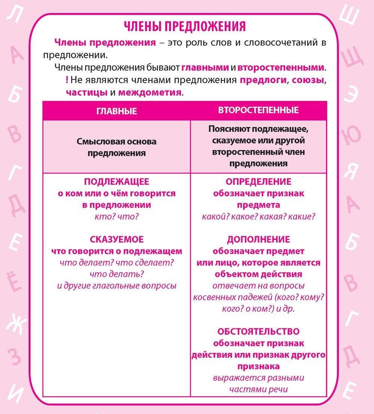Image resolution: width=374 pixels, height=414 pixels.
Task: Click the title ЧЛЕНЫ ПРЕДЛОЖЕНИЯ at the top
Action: [185, 26]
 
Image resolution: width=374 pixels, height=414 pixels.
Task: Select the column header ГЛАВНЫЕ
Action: [116, 111]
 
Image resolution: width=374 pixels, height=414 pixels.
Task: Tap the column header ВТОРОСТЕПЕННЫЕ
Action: [258, 110]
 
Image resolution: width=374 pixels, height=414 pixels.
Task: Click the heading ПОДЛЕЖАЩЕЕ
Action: [116, 182]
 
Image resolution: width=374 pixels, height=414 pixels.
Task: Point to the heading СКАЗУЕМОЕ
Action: [116, 239]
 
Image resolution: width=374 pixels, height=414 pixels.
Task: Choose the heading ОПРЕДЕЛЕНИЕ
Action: [258, 182]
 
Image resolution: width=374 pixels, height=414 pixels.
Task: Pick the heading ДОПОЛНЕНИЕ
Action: [258, 239]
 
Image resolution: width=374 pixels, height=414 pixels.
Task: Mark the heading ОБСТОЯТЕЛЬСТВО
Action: [258, 331]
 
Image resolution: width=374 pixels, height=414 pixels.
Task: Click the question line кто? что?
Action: [116, 217]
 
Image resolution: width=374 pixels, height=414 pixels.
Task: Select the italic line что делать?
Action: [116, 274]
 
